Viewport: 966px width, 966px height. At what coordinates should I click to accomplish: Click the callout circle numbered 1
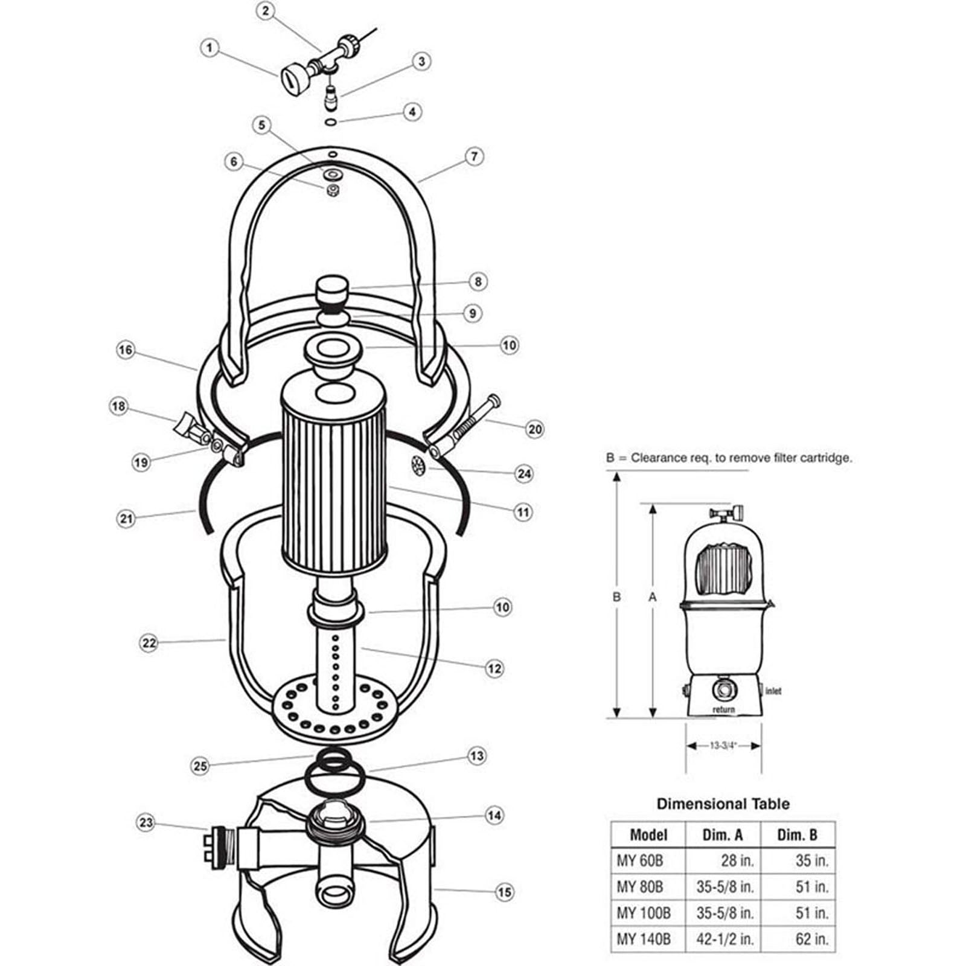point(210,48)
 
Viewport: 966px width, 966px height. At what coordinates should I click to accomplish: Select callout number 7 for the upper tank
point(475,156)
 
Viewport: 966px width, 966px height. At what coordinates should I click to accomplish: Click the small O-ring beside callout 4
point(330,123)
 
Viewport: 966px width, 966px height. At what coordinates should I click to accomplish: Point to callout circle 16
point(126,350)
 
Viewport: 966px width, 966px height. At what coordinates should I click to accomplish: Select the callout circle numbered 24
point(524,473)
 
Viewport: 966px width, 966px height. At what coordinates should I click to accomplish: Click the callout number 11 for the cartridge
point(523,512)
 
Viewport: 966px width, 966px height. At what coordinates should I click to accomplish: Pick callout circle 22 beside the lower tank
point(149,644)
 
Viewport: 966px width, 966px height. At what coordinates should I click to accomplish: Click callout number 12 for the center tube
point(494,668)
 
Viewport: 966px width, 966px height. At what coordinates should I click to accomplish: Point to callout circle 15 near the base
point(505,892)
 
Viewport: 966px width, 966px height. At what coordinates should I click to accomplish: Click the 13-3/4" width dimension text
point(723,746)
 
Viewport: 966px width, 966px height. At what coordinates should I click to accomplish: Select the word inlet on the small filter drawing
point(773,691)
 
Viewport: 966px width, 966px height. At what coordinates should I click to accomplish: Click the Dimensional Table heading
point(723,804)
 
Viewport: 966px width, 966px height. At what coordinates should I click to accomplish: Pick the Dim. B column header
point(797,835)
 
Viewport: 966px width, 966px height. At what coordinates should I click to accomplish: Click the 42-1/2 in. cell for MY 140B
point(724,939)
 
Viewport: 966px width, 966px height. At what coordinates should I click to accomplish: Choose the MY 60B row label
point(639,860)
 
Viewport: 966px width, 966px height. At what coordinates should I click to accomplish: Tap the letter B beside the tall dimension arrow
point(616,597)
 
